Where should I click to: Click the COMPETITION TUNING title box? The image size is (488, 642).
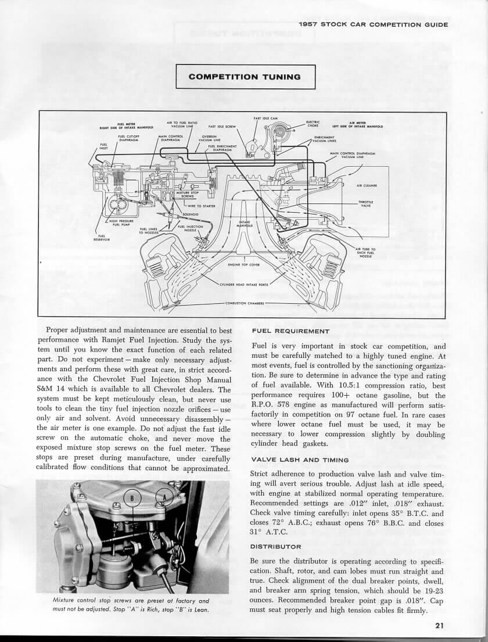click(245, 77)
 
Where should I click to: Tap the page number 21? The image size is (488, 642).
click(439, 626)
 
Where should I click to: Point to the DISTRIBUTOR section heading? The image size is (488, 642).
click(275, 546)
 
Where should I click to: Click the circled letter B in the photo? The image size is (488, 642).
click(132, 499)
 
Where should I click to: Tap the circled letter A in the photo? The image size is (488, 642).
click(164, 499)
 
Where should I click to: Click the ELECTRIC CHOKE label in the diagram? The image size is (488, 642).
click(313, 124)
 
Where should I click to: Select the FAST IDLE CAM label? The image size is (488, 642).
click(265, 119)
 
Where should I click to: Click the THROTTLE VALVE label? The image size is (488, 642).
click(366, 203)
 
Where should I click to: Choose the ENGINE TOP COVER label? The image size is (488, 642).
click(242, 264)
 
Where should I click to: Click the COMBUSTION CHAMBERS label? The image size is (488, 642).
click(244, 303)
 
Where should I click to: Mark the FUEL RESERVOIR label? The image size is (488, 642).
click(102, 238)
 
